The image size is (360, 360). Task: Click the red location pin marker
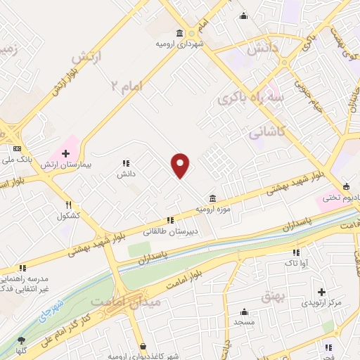pyautogui.click(x=181, y=165)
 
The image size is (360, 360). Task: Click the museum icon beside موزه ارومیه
pyautogui.click(x=212, y=198)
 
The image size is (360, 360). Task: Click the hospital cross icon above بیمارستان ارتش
pyautogui.click(x=66, y=153)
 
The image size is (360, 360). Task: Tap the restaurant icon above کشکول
pyautogui.click(x=67, y=204)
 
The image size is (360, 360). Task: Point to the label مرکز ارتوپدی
pyautogui.click(x=321, y=303)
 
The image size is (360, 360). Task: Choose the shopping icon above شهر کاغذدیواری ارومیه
pyautogui.click(x=143, y=346)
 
